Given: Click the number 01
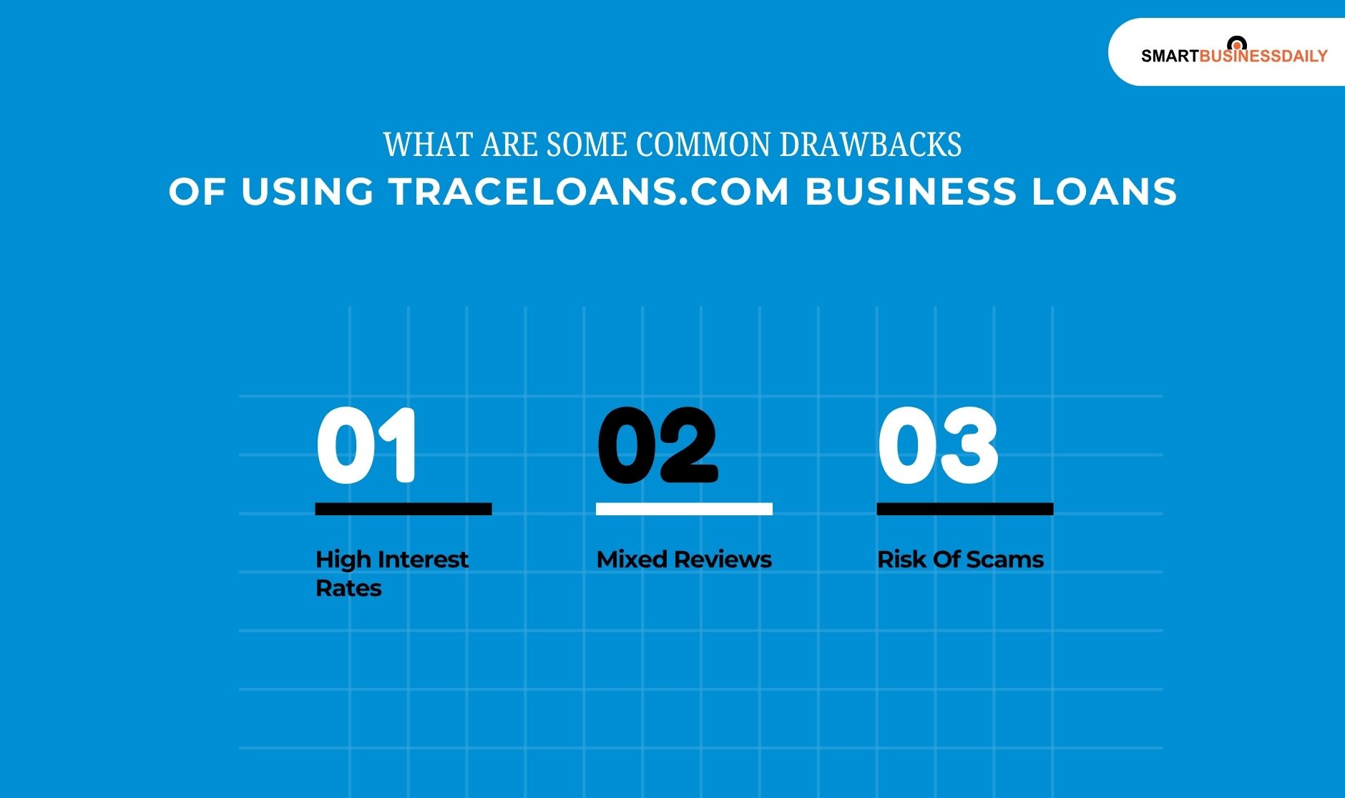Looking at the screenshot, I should (366, 445).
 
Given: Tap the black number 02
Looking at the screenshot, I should (657, 445).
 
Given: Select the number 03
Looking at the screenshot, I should (938, 445).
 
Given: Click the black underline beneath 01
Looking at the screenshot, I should (403, 509).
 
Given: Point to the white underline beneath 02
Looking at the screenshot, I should (684, 509).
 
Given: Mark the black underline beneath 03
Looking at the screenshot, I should (965, 509).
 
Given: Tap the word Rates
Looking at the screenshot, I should (348, 588).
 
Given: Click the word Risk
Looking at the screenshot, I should (901, 559).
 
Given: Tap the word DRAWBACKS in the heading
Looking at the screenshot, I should (870, 145).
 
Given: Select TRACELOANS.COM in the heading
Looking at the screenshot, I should (590, 192).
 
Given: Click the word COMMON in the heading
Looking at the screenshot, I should (703, 145).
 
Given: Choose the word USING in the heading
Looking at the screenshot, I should (307, 192).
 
